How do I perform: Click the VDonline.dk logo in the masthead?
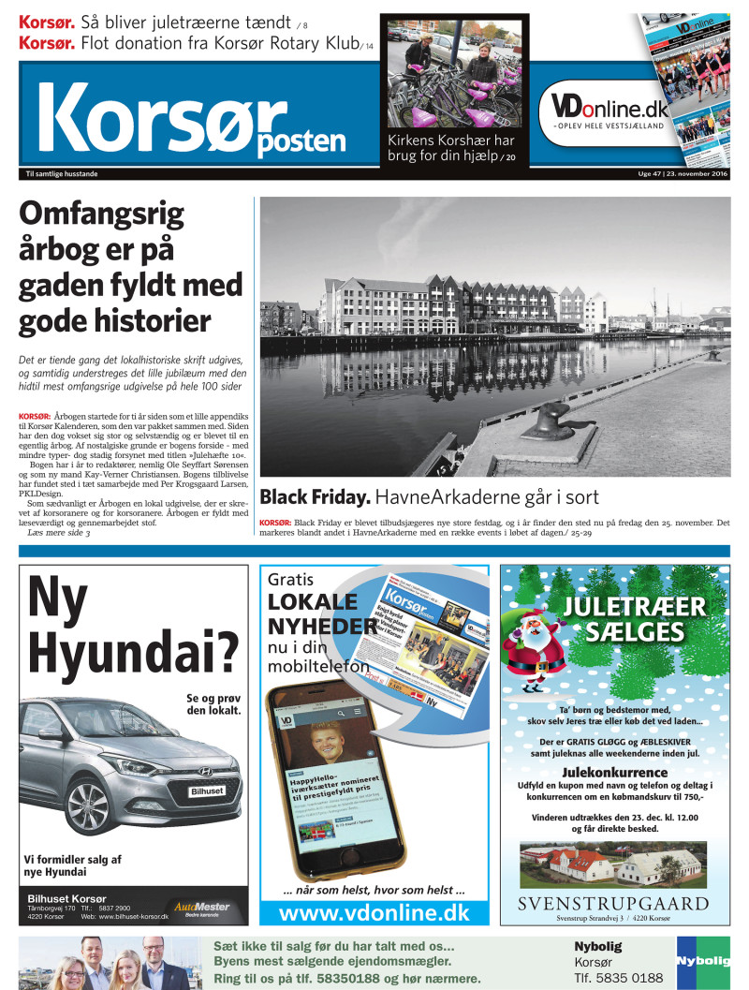609,109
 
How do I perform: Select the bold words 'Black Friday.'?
315,497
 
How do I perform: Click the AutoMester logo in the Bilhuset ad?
201,908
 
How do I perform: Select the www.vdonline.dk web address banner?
374,912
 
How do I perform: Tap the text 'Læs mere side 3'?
59,533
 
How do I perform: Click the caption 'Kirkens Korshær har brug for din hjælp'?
451,148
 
